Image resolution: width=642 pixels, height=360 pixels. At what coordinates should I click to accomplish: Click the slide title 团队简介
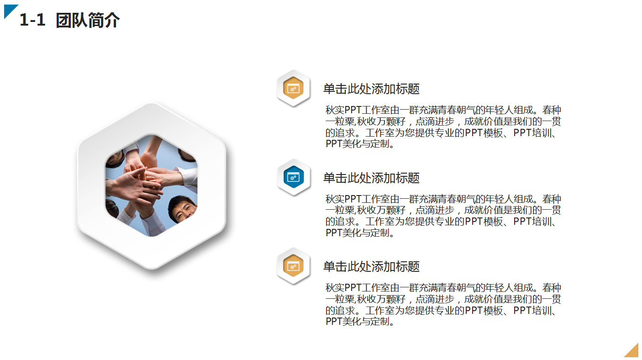click(x=88, y=21)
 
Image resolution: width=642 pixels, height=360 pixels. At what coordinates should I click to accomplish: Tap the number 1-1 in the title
click(x=32, y=21)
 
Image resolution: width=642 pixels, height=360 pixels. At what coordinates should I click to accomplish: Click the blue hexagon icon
click(x=294, y=177)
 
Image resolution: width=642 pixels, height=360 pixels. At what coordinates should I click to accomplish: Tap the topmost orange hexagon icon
click(x=294, y=88)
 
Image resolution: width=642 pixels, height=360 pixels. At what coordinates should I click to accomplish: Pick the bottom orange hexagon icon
click(x=294, y=266)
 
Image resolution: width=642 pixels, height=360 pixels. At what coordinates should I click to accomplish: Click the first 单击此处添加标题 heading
click(x=371, y=89)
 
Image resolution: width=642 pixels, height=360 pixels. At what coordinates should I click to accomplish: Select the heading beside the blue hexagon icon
click(x=371, y=178)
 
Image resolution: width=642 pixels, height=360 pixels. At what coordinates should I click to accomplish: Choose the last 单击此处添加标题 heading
click(x=371, y=267)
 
